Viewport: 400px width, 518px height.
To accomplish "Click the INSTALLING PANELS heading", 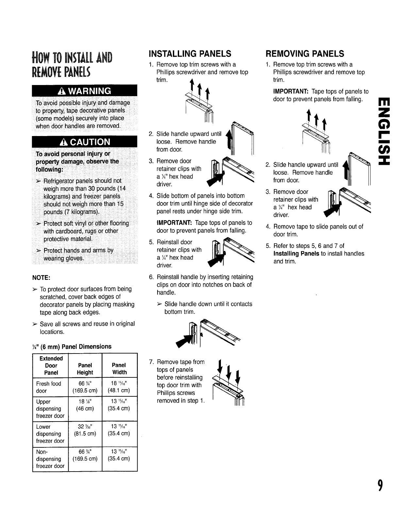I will pos(190,54).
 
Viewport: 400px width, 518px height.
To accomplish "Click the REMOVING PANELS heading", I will pos(305,54).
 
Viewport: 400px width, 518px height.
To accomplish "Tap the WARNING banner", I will pos(84,90).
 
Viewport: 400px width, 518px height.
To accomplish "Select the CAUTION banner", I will pos(84,142).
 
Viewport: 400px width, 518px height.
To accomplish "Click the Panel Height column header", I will pos(85,369).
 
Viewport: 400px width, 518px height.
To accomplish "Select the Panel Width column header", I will pos(119,369).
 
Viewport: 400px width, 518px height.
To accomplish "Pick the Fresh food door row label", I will pos(49,387).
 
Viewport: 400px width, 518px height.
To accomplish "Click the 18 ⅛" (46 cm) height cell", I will pos(85,405).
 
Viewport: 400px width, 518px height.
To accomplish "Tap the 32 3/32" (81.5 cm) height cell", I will pos(85,430).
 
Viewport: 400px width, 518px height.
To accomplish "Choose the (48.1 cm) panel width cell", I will pos(119,391).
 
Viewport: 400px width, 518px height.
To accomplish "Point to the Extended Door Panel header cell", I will pos(51,365).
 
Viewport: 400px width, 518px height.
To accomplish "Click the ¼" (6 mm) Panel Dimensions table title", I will pos(72,346).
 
